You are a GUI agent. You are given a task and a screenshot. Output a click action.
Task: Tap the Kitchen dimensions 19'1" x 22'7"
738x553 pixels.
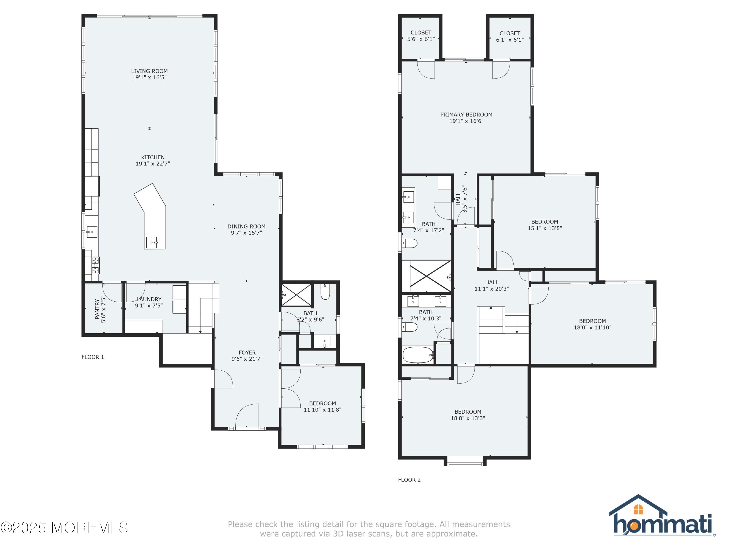153,164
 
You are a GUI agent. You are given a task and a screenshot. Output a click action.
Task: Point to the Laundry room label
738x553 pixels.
149,299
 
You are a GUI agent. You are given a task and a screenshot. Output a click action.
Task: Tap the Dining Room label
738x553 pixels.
246,226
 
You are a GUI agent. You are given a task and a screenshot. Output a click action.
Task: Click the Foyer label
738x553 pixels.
247,352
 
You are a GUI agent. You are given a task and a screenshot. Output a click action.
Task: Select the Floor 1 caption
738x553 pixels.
93,357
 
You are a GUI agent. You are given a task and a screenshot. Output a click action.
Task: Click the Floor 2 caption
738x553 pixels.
409,480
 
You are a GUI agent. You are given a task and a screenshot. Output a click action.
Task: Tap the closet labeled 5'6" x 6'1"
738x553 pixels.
421,36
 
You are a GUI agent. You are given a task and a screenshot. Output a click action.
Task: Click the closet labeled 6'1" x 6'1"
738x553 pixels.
510,36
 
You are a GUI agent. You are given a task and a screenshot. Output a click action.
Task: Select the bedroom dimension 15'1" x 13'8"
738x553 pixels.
545,228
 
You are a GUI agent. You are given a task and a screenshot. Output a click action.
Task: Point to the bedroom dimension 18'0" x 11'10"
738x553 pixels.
593,328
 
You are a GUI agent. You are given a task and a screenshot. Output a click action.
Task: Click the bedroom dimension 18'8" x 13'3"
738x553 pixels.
468,418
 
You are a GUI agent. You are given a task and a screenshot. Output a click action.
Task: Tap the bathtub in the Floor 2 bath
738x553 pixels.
418,355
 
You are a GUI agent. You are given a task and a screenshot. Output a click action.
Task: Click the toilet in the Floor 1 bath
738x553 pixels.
325,292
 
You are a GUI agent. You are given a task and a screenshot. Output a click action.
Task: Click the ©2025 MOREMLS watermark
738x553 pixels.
64,528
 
